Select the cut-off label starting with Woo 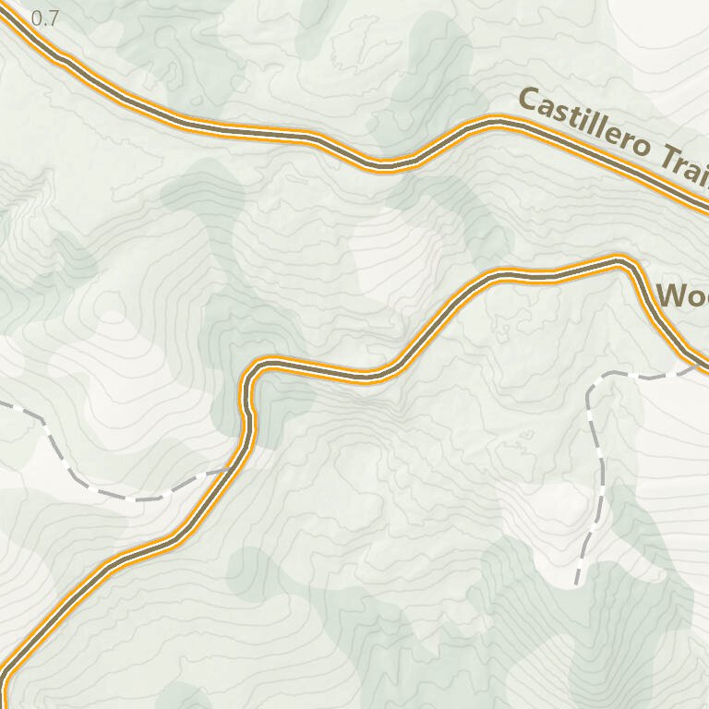[681, 296]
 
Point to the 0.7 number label [44, 18]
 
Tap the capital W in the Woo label [669, 296]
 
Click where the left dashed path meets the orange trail [230, 469]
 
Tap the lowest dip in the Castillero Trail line [383, 166]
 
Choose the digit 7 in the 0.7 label [53, 18]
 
